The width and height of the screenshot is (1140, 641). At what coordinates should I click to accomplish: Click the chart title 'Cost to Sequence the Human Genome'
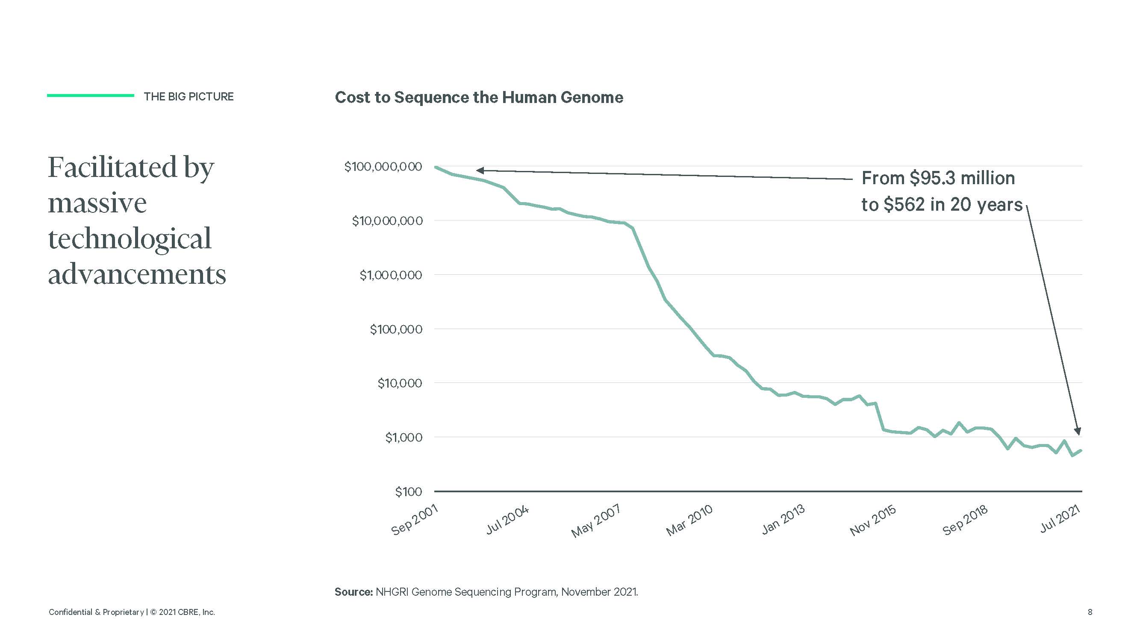[x=479, y=97]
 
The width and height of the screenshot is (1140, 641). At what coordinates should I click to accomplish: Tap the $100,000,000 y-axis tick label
[x=383, y=167]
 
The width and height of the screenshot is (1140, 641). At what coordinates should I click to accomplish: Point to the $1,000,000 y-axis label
[x=391, y=275]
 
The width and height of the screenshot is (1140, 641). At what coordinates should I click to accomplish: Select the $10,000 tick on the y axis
[x=400, y=383]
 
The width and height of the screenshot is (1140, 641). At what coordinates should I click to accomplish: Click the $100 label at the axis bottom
[x=409, y=491]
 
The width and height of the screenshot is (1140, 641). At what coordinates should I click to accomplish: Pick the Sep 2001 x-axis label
[x=415, y=520]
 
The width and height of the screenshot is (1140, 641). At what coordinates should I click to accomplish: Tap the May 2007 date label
[x=596, y=521]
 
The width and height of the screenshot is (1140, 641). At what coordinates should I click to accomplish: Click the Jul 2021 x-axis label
[x=1060, y=519]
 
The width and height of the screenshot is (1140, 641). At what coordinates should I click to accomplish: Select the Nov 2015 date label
[x=873, y=520]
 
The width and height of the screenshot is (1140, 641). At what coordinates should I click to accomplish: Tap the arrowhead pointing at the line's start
[x=480, y=171]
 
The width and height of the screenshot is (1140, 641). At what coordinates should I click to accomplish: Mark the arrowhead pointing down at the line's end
[x=1078, y=431]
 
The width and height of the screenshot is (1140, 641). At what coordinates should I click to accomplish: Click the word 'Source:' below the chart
[x=353, y=592]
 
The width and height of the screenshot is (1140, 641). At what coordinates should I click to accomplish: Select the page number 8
[x=1090, y=612]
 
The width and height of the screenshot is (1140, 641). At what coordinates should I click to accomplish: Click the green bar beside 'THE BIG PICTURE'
[x=90, y=96]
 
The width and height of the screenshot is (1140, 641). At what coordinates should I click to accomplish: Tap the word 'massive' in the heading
[x=97, y=203]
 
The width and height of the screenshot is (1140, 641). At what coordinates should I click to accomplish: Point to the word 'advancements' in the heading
[x=137, y=275]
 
